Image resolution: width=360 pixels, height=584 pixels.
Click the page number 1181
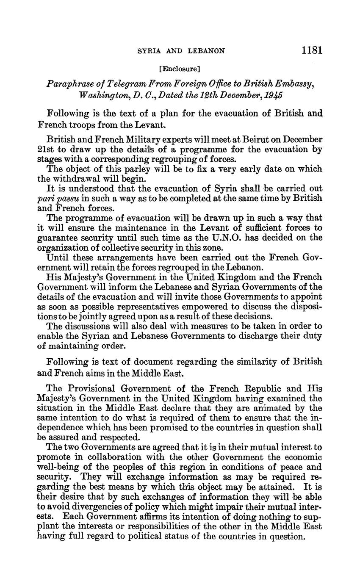(312, 50)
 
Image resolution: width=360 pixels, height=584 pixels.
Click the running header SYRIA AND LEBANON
(182, 51)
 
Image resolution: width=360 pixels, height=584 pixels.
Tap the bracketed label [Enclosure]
(179, 68)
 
